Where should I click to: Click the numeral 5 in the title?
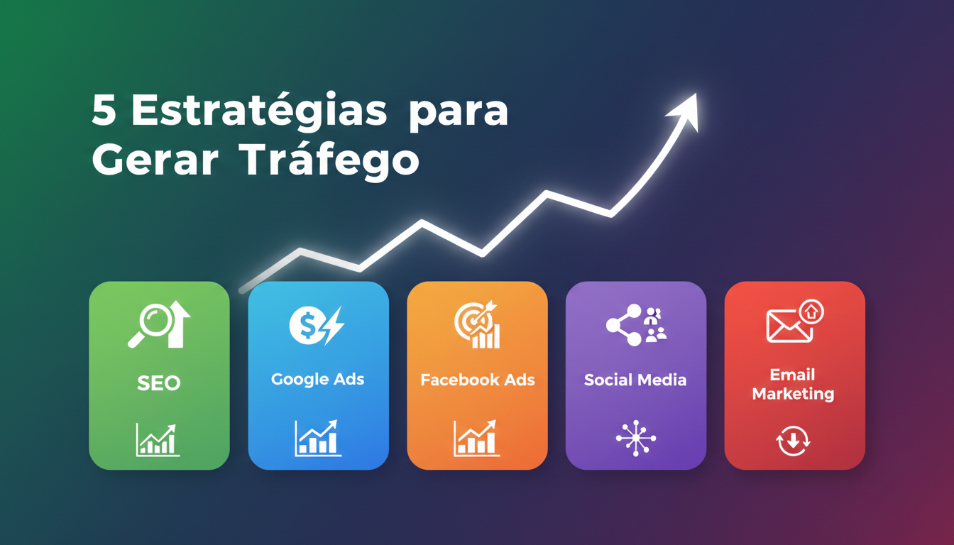[x=104, y=111]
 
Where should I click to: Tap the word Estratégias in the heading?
[x=259, y=111]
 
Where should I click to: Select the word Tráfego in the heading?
[x=330, y=160]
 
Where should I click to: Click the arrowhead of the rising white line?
[x=684, y=111]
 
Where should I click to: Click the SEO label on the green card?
[x=159, y=383]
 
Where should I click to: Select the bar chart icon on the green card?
[x=158, y=440]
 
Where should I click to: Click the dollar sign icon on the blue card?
[x=307, y=326]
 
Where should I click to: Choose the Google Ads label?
[x=318, y=379]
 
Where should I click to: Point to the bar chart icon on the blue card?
[x=318, y=438]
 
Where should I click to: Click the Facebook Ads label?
[x=477, y=380]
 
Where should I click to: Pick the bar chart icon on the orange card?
[x=477, y=438]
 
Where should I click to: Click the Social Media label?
[x=635, y=380]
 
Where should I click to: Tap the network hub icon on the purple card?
[x=635, y=438]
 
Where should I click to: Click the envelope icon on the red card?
[x=789, y=326]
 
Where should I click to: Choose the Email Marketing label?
[x=793, y=384]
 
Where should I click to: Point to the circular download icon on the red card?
[x=793, y=441]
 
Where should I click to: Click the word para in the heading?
[x=459, y=111]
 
